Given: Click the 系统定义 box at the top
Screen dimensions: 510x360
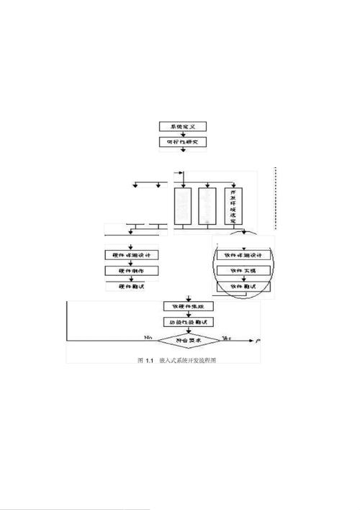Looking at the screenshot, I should click(183, 127).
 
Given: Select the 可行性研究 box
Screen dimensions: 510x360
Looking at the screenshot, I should click(183, 142).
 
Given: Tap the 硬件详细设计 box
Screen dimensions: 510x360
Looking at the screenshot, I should click(130, 254).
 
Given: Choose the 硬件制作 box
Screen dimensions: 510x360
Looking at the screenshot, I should click(130, 270).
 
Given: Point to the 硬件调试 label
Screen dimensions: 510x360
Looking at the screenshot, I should click(130, 286).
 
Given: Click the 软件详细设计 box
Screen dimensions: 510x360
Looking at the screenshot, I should click(244, 254).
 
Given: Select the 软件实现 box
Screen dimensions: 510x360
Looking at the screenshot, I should click(244, 270).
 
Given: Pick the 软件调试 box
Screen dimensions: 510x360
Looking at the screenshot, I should click(244, 286).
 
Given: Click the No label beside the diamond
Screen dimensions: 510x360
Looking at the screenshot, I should click(148, 336).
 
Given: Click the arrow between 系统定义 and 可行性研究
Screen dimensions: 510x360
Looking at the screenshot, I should click(183, 134).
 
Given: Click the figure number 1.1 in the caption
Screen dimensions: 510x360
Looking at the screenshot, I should click(150, 359).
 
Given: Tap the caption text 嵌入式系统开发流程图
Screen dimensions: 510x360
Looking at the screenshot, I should click(189, 359).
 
